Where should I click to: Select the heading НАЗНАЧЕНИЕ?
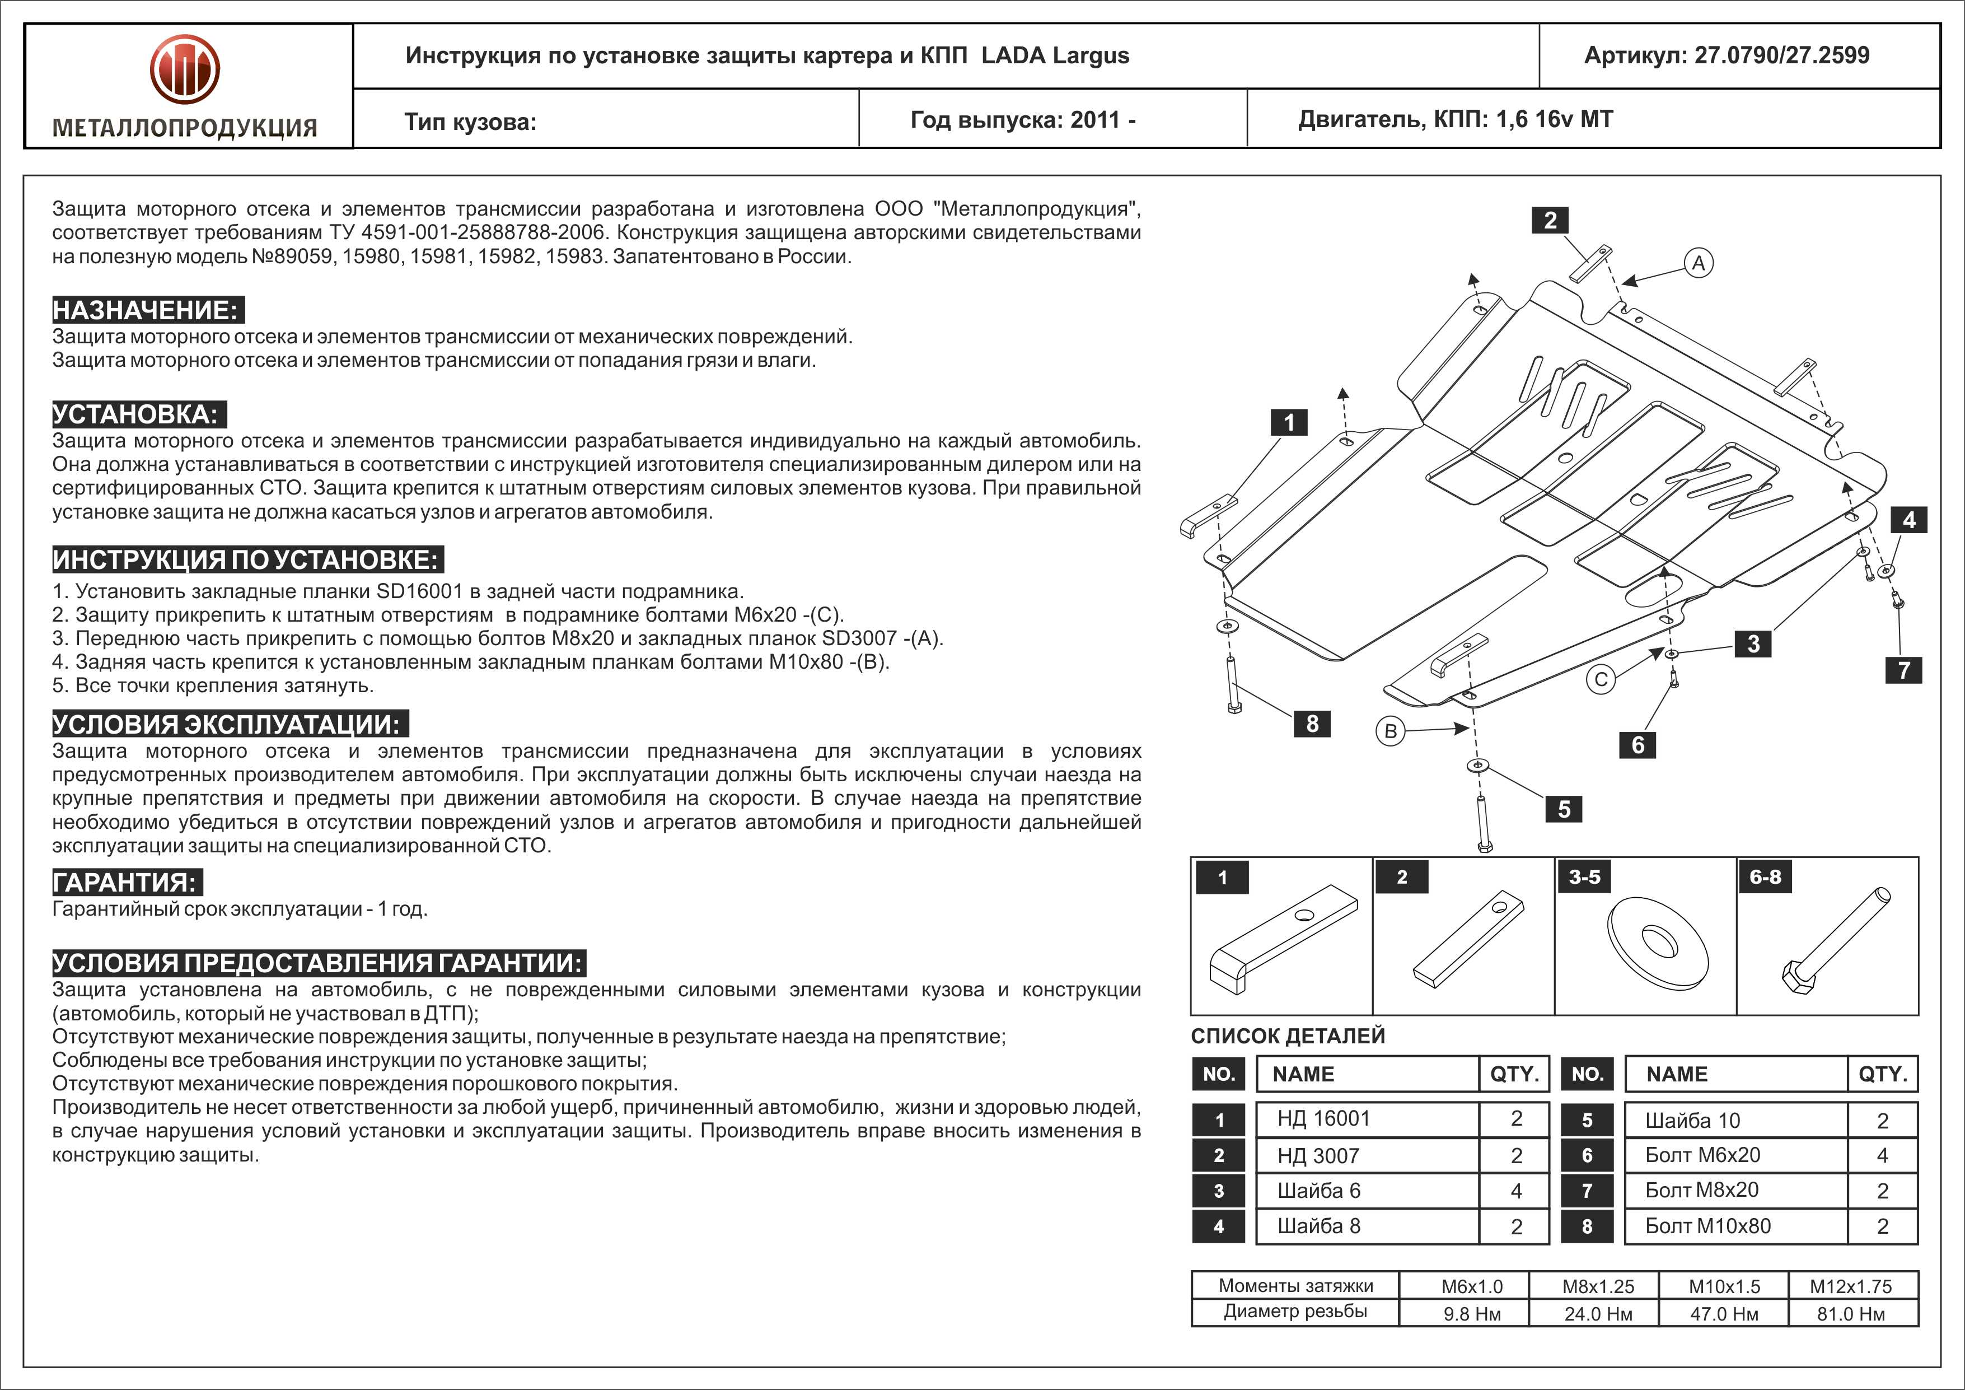tap(146, 310)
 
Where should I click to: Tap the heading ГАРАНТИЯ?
tap(127, 883)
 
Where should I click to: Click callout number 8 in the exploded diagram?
tap(1312, 724)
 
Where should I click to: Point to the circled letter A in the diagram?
tap(1699, 263)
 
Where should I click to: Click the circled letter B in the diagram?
tap(1391, 731)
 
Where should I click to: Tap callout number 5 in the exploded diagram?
tap(1564, 809)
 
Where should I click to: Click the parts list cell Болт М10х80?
tap(1708, 1226)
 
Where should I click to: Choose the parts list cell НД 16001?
tap(1324, 1119)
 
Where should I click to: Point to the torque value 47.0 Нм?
tap(1724, 1314)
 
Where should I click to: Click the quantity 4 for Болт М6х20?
tap(1882, 1155)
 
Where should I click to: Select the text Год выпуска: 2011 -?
tap(1023, 120)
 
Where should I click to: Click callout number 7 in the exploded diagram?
tap(1903, 669)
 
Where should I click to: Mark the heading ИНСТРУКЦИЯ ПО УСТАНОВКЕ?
tap(246, 560)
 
